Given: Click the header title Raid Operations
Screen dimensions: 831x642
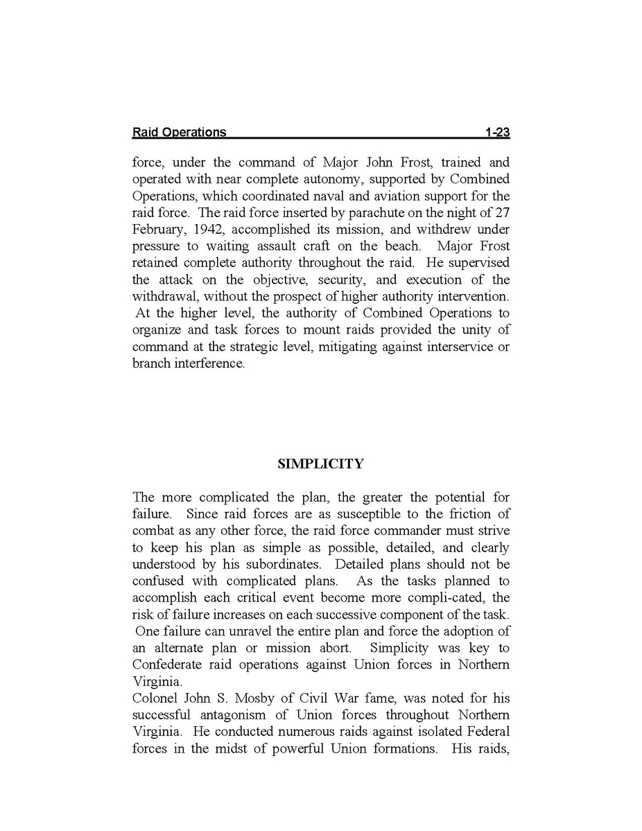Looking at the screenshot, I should click(x=179, y=132).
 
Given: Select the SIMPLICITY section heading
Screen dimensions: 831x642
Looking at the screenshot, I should click(x=320, y=464).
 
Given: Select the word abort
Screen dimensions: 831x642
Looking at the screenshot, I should click(x=334, y=647).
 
